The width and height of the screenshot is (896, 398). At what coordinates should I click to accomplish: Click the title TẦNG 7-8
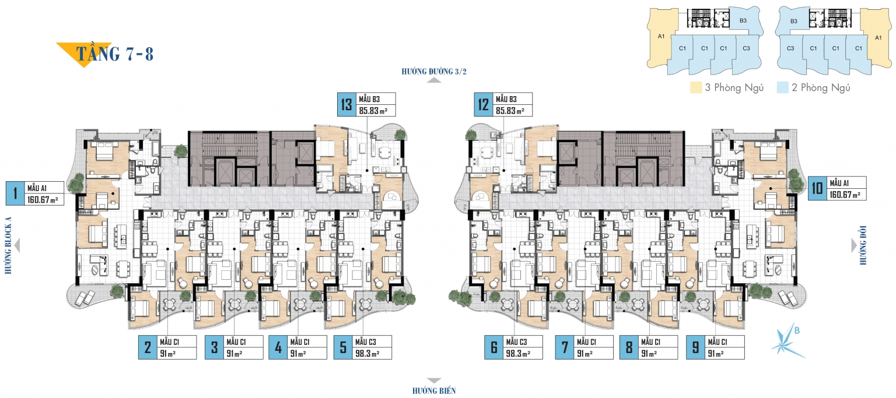coord(114,54)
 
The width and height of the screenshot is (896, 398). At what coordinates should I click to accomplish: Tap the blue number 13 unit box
coord(346,105)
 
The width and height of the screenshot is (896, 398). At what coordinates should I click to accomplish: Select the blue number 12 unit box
coord(483,105)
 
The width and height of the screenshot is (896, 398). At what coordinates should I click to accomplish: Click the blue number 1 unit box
coord(15,193)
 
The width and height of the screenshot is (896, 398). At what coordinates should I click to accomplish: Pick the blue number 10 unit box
coord(817,188)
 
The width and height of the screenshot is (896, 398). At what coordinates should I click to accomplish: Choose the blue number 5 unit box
coord(343,347)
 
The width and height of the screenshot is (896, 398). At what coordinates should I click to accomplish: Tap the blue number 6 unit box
coord(494,347)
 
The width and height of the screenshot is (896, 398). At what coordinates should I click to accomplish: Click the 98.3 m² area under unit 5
coord(367,354)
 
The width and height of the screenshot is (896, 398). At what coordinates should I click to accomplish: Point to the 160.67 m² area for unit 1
coord(43,200)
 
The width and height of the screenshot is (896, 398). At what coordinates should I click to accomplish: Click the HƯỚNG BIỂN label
coord(434,391)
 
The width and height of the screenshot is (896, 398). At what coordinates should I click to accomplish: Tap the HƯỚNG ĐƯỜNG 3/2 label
coord(434,72)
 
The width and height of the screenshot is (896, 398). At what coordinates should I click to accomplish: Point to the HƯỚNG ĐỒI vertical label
coord(863,245)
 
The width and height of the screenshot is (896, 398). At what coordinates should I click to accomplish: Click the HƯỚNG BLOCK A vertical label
coord(8,246)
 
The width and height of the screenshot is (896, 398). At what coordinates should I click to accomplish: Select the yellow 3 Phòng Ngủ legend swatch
coord(696,87)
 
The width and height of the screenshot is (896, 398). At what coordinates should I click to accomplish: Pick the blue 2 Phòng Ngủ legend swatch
coord(782,87)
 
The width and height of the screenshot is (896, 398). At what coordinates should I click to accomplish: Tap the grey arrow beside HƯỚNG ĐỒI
coord(853,245)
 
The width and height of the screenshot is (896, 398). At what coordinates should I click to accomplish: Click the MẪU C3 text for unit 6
coord(516,342)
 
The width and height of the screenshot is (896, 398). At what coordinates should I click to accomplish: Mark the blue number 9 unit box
coord(695,347)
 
